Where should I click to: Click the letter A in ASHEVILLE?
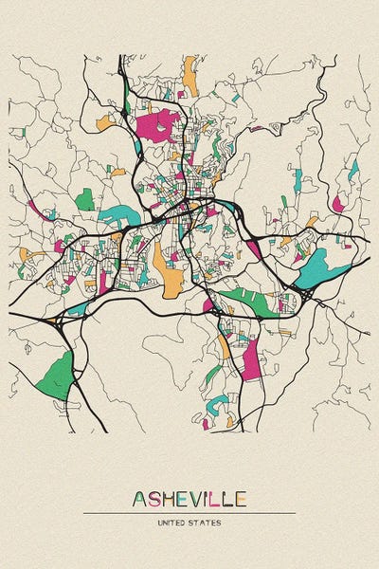pos(139,499)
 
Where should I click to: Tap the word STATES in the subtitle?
pos(207,523)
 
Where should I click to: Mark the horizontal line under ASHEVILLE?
pos(189,513)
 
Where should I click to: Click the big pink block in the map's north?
pos(158,124)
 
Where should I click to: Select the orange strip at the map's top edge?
pos(190,75)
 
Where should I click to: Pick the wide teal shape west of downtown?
pos(117,217)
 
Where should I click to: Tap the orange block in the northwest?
pos(104,123)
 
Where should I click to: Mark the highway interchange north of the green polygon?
pos(52,323)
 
